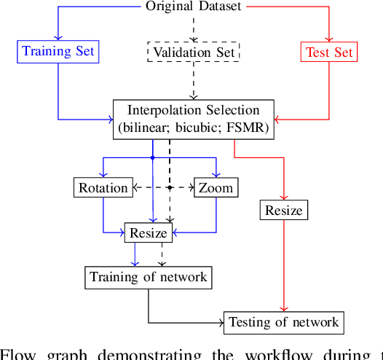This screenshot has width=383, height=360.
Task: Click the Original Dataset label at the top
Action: pos(193,7)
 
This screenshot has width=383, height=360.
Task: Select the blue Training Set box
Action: pos(58,51)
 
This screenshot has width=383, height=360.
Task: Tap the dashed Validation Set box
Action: pos(194,52)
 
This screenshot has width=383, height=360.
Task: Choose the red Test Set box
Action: pos(329,52)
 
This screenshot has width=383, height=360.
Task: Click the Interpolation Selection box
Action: pos(194,118)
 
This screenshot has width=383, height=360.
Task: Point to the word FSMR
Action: pos(248,127)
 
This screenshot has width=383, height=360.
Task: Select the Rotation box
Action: pos(103,187)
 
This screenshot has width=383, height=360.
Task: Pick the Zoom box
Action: pos(216,187)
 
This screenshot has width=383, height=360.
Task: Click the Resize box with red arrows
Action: pos(283,210)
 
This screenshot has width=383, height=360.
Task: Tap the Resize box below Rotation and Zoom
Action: pos(149,233)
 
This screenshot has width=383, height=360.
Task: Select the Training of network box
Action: pos(148,277)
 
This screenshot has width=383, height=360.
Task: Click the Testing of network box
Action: pos(283,321)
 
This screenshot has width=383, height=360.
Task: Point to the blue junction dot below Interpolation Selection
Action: pos(151,157)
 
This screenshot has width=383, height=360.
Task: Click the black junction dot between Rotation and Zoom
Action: pos(169,187)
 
